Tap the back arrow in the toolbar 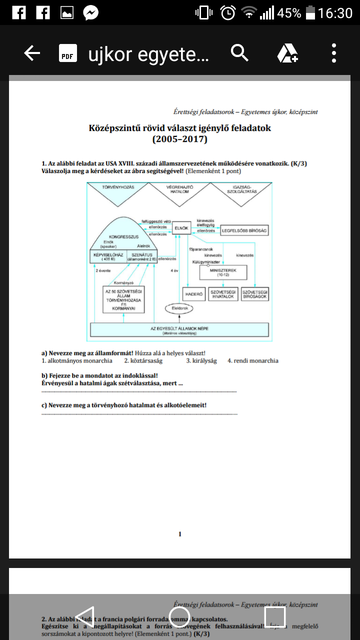pos(32,53)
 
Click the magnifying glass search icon pos(239,52)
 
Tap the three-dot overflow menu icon pos(334,53)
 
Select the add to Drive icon pos(287,53)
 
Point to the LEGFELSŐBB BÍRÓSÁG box pos(245,230)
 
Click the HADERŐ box pos(194,294)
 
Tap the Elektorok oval pos(179,308)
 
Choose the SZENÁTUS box pos(142,256)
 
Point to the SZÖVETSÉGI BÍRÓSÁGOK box pos(254,294)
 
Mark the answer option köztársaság pos(143,360)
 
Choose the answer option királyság pos(201,360)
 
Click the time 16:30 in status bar pos(335,13)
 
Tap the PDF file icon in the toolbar pos(67,53)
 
